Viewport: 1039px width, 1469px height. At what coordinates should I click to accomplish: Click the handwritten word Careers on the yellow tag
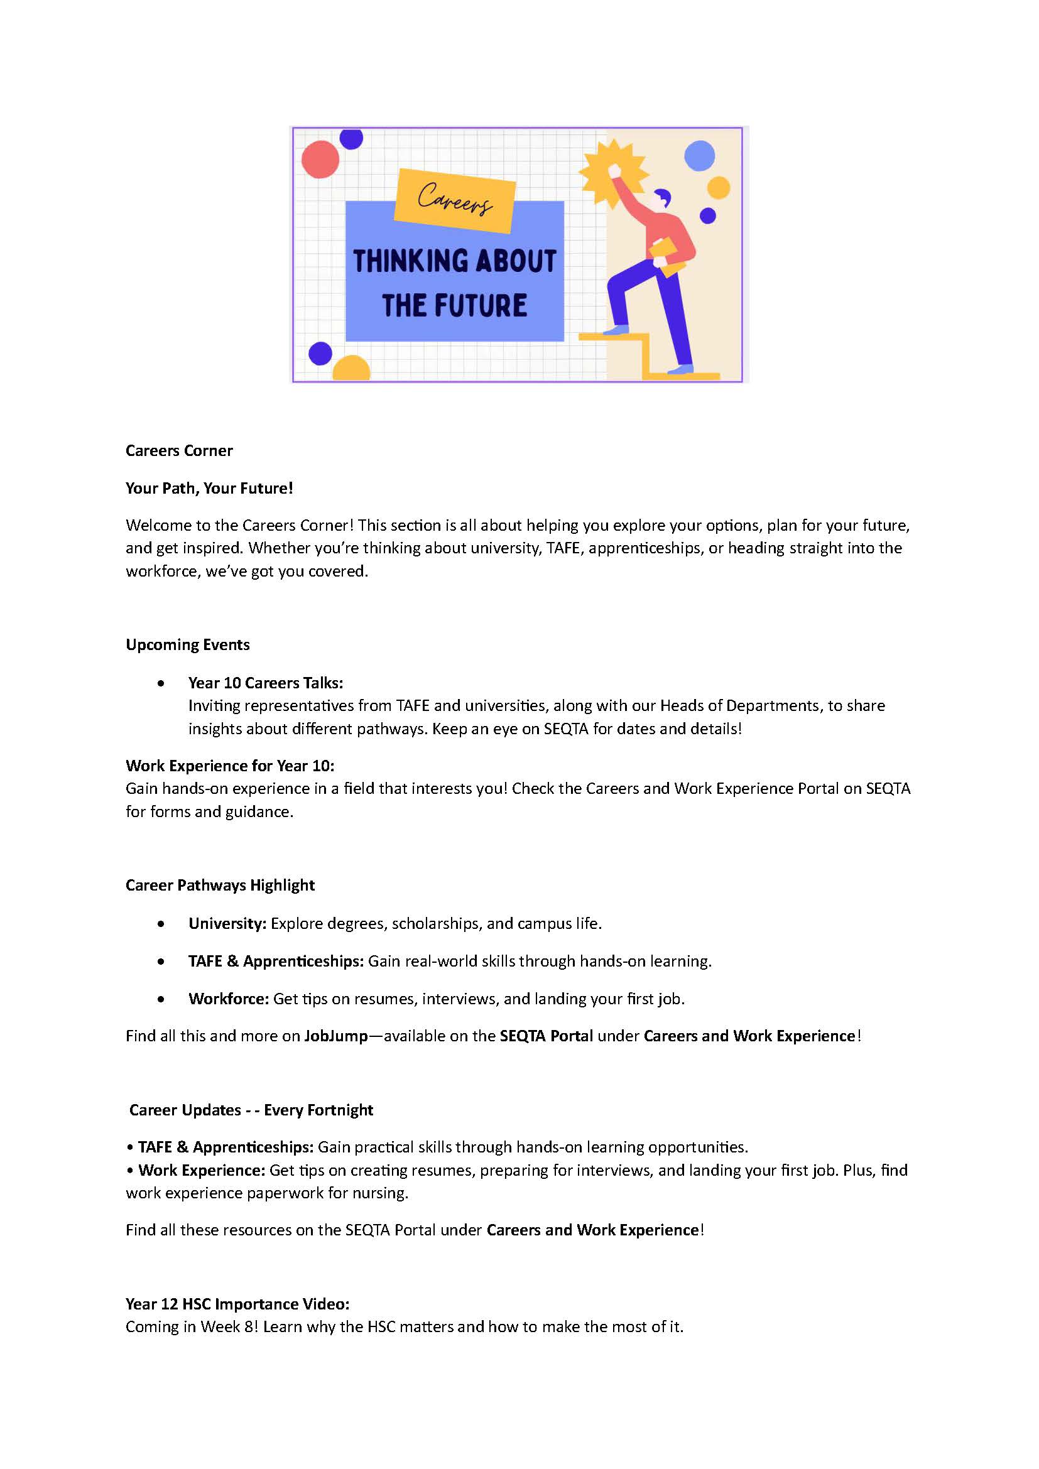(455, 199)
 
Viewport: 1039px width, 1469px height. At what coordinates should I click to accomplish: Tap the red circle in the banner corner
(320, 160)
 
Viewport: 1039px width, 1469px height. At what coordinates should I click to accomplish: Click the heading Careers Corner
(179, 450)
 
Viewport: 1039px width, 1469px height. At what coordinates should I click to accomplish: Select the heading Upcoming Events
(187, 644)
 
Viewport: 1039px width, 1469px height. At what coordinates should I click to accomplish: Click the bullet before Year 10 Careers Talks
(161, 683)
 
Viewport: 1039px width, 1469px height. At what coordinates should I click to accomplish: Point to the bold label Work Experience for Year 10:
(230, 765)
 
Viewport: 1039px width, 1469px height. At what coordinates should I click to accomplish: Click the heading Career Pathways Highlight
(220, 885)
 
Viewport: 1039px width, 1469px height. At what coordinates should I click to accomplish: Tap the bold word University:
(227, 923)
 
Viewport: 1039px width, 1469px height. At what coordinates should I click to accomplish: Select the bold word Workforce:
(229, 999)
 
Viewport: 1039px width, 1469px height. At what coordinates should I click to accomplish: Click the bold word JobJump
(336, 1036)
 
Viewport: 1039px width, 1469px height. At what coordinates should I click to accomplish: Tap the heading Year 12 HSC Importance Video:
(237, 1304)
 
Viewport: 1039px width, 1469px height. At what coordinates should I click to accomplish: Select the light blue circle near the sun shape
(699, 156)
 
